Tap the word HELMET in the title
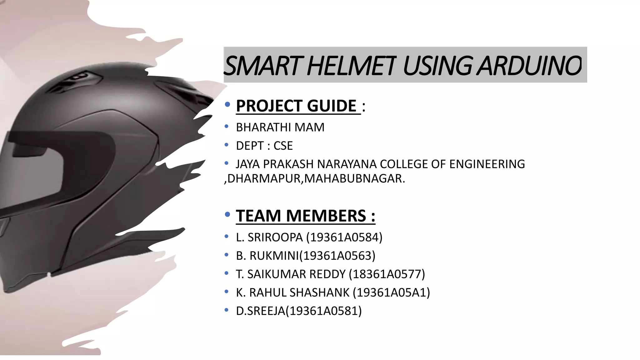[x=352, y=66]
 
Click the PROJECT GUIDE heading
[x=296, y=106]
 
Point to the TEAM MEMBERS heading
[x=305, y=216]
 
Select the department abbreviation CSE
[x=283, y=146]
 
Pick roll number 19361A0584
[x=344, y=237]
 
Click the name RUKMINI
[x=274, y=256]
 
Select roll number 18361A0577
[x=387, y=274]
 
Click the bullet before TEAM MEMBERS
[x=227, y=215]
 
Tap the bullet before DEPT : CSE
[x=227, y=145]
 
